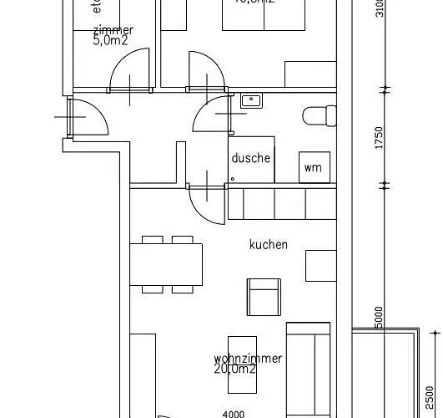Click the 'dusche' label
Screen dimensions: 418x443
click(x=251, y=158)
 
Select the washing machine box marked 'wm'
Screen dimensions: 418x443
click(x=313, y=167)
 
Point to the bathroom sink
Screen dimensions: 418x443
click(x=250, y=101)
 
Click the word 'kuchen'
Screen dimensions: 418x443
click(x=268, y=245)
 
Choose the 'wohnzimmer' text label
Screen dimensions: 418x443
click(x=247, y=358)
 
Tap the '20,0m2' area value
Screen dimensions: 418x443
click(x=236, y=369)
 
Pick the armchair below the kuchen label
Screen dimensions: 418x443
click(x=264, y=296)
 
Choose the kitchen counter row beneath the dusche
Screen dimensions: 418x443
click(x=282, y=203)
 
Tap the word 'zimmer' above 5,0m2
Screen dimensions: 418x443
click(x=113, y=30)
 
